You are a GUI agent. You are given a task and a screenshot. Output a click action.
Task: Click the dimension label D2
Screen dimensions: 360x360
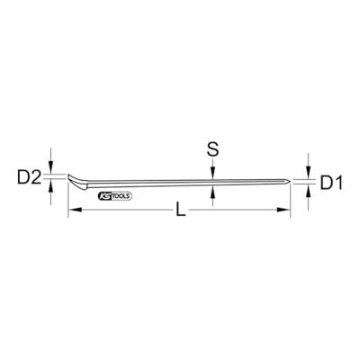(29, 178)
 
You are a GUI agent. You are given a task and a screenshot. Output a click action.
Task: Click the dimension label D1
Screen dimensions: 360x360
(331, 183)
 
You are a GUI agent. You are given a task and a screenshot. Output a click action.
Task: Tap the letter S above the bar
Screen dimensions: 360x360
(212, 149)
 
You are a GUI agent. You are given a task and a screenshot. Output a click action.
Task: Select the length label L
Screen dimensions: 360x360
(181, 210)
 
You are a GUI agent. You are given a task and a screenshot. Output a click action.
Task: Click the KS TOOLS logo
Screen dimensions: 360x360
(115, 196)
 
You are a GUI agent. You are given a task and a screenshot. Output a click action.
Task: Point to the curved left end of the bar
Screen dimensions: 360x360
(77, 182)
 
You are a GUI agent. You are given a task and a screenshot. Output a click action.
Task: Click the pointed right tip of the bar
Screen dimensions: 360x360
(289, 181)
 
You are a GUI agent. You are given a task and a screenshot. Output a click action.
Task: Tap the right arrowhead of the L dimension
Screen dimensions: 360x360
(283, 210)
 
